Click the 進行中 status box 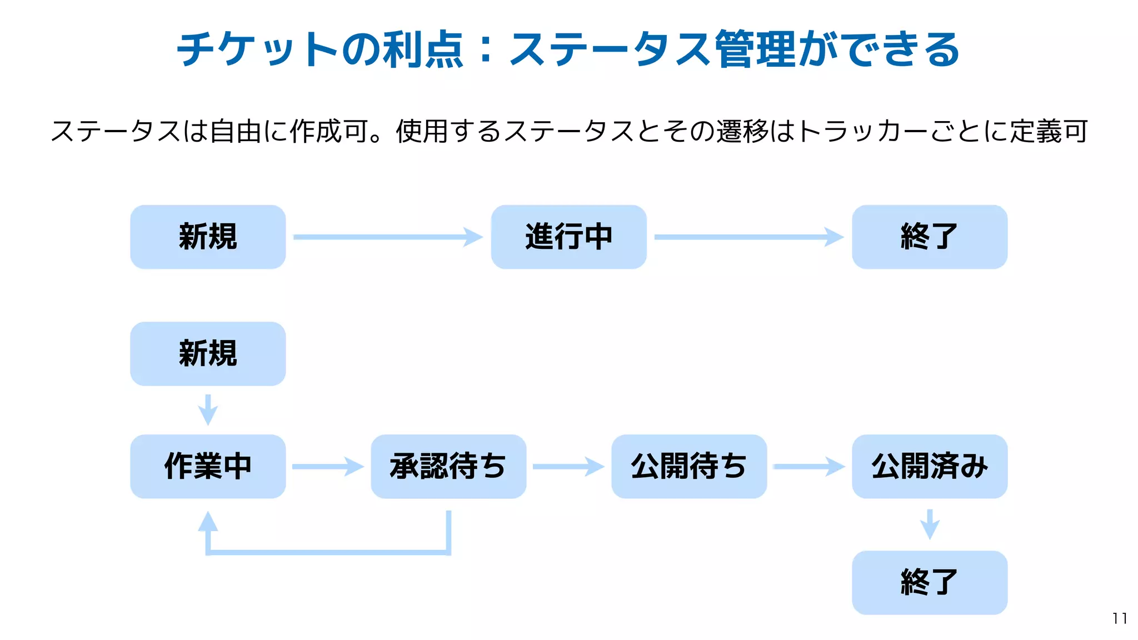point(568,237)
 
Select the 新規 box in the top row point(208,237)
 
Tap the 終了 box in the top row point(929,237)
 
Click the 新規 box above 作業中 point(208,354)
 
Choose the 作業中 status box point(208,466)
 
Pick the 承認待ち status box point(448,466)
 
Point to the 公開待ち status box point(689,466)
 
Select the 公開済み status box point(929,466)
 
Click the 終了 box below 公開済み point(929,582)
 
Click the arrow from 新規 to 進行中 point(388,237)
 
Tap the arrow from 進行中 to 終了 point(748,237)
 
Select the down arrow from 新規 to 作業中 point(208,410)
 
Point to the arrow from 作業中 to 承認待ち point(328,466)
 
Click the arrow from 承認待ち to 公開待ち point(568,466)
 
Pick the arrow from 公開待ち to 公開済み point(809,466)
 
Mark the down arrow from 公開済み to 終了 point(930,524)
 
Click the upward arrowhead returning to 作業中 point(208,523)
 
